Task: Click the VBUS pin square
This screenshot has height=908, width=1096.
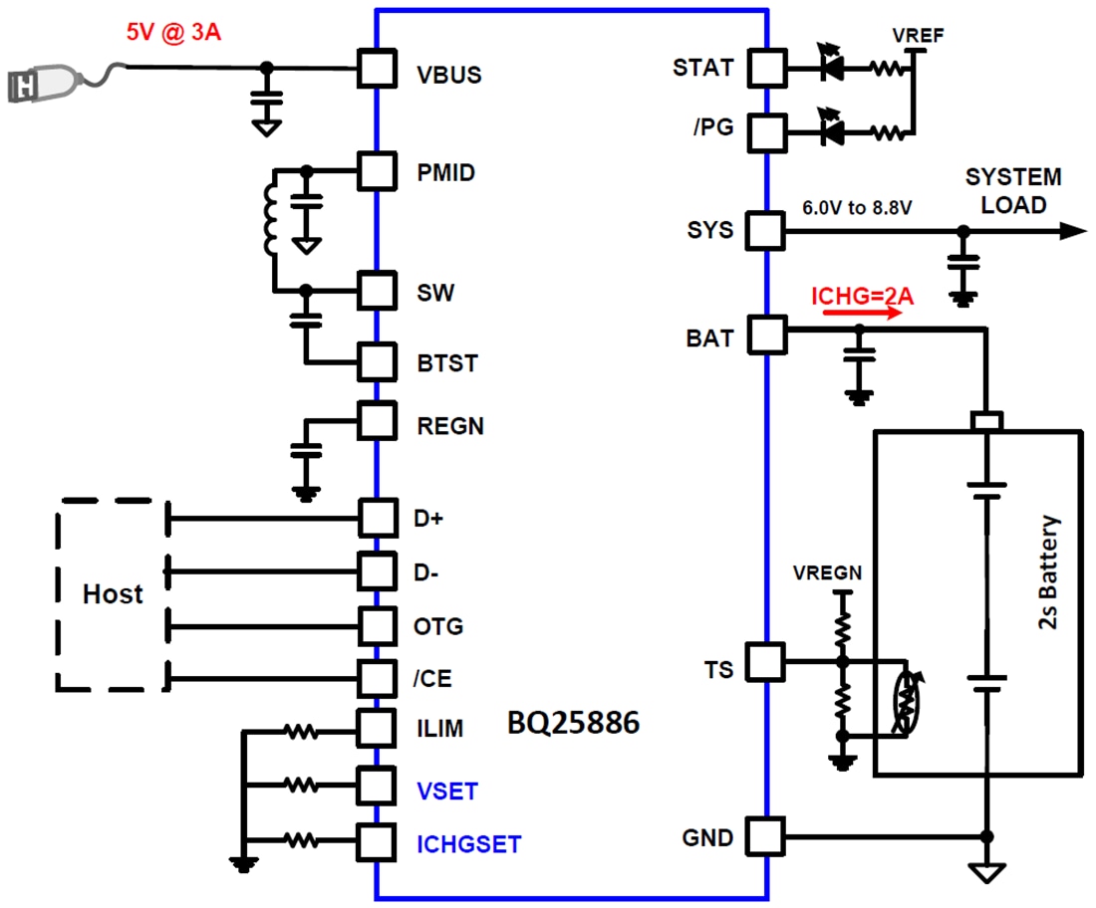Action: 376,69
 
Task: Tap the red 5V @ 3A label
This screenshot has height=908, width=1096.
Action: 172,32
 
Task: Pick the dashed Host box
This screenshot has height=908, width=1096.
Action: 112,594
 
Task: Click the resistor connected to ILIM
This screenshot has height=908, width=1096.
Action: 300,732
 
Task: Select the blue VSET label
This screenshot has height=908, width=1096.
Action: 447,792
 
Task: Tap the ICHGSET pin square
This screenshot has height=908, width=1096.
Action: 376,842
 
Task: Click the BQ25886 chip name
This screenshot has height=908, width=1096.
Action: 573,724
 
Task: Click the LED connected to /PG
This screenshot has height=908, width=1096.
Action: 829,130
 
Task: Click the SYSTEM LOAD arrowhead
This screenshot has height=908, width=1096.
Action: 1072,231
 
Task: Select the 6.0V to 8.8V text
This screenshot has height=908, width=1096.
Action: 858,210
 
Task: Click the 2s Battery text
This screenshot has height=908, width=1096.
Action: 1048,572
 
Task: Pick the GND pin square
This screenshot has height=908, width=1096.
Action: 767,835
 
